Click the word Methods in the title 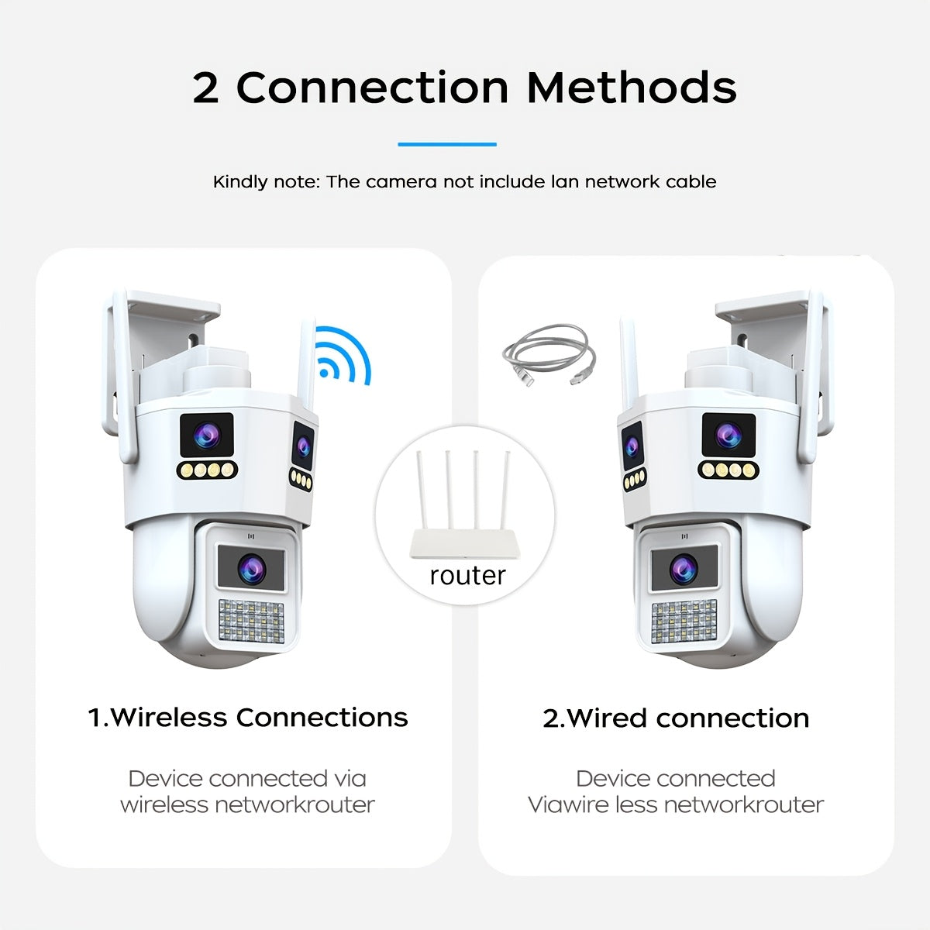(x=632, y=88)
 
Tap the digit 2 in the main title (x=205, y=88)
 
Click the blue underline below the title (x=447, y=144)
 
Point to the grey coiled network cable (x=549, y=354)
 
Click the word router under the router (x=467, y=575)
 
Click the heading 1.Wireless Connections (x=248, y=717)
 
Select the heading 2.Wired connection (x=676, y=718)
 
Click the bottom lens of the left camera (x=251, y=568)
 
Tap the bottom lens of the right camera (x=684, y=569)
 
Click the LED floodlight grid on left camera (x=251, y=621)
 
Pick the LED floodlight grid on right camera (x=684, y=622)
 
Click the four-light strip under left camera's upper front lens (x=208, y=470)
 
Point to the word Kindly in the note (x=239, y=182)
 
